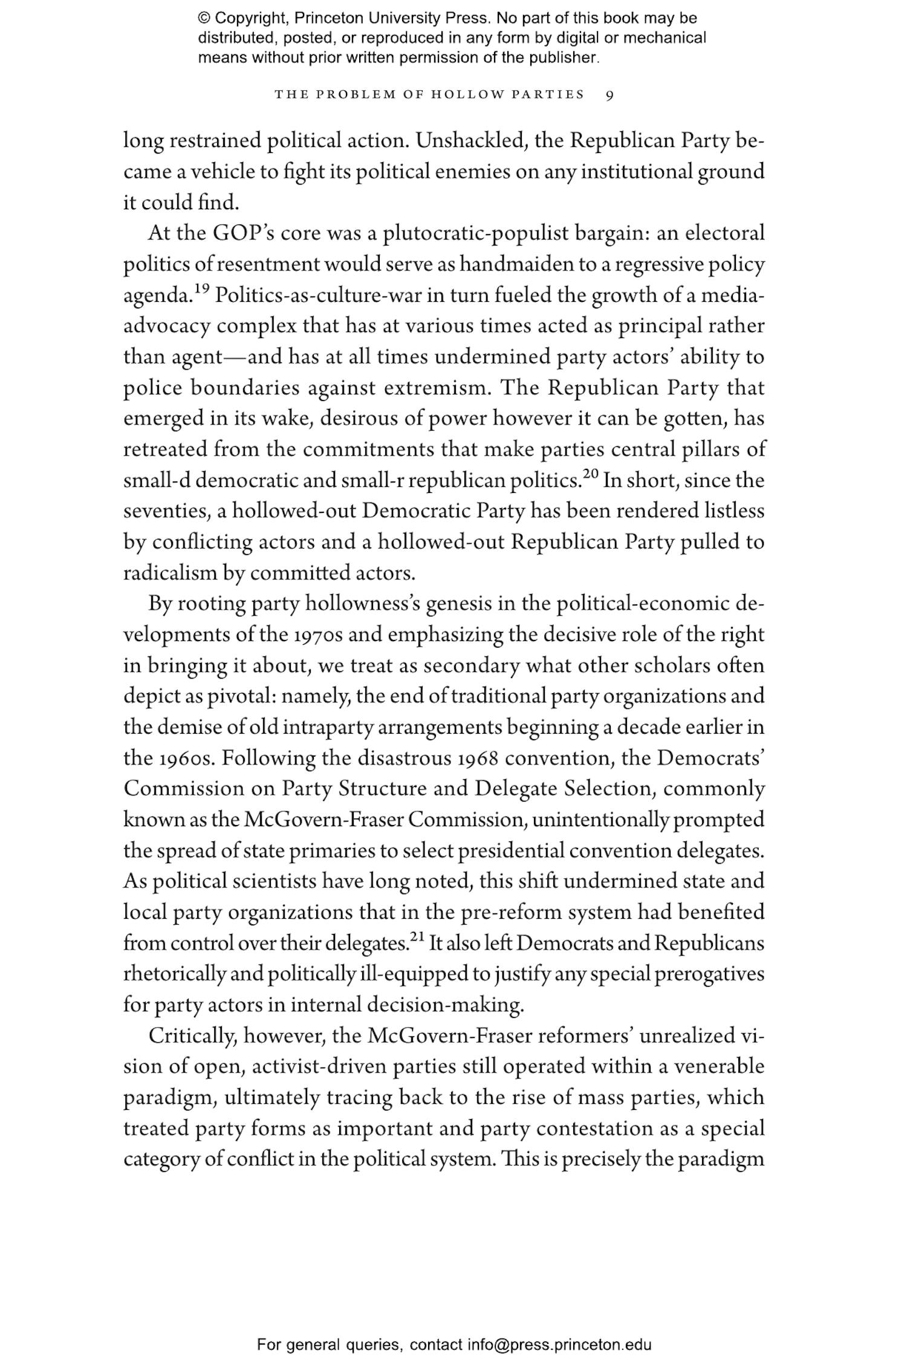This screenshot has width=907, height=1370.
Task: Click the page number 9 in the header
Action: coord(610,95)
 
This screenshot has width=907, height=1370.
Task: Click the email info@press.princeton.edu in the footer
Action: coord(559,1345)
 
